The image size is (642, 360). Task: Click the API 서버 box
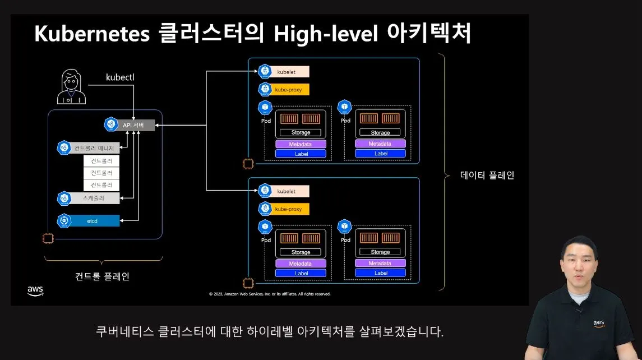point(135,124)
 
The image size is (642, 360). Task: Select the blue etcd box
point(93,221)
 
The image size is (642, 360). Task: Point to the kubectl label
point(120,76)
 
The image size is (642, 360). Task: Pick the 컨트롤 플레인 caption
point(102,276)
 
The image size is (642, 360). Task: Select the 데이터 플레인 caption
point(487,175)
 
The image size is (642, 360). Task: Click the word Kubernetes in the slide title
point(92,34)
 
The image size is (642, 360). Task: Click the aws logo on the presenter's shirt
point(599,324)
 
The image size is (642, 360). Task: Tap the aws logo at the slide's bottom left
point(35,290)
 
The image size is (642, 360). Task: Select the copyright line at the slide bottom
point(270,294)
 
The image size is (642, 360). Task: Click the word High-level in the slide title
point(325,34)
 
